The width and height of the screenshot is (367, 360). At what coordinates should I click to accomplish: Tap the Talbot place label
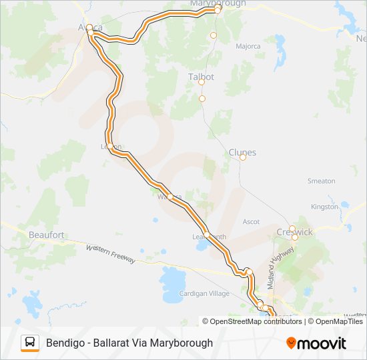tap(201, 77)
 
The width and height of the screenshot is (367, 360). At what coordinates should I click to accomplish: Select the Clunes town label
tap(242, 151)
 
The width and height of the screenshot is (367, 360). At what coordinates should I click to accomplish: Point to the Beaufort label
tap(46, 235)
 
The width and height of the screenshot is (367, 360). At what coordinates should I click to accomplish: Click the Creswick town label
tap(294, 232)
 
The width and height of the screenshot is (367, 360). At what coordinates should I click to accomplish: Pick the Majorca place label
tap(248, 46)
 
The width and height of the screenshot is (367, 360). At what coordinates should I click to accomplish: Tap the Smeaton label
tap(321, 181)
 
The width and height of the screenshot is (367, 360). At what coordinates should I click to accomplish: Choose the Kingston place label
tap(325, 207)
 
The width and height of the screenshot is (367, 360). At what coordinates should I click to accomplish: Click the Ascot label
tap(251, 221)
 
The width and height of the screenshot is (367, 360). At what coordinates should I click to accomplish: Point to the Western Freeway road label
tap(111, 253)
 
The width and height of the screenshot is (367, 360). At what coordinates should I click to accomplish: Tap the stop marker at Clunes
tap(243, 157)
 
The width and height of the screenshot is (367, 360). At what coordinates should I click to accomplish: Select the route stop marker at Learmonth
tap(207, 235)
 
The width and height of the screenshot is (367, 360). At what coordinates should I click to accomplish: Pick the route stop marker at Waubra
tap(171, 196)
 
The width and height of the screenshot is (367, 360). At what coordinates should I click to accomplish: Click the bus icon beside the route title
tap(30, 343)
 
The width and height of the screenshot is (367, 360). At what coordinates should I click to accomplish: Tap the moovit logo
tap(316, 343)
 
